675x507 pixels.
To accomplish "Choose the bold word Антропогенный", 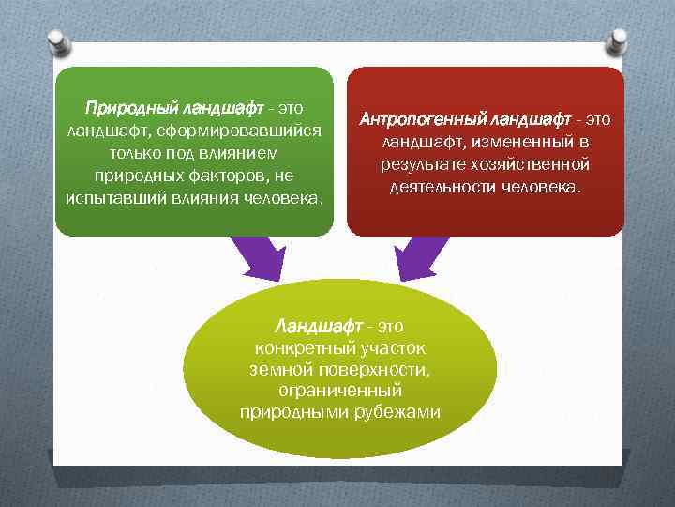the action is (420, 120).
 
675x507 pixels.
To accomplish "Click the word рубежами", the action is (404, 412).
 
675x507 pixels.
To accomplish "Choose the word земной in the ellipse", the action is (277, 370).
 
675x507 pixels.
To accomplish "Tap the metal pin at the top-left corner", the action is (58, 40).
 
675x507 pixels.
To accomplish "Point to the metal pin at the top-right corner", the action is (617, 40).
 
